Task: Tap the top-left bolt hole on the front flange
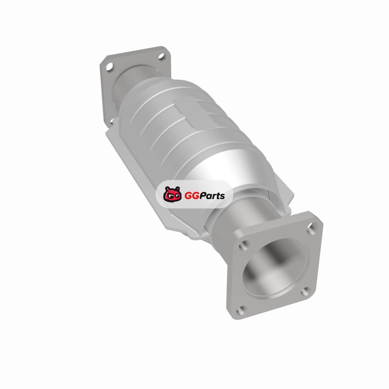pyautogui.click(x=244, y=246)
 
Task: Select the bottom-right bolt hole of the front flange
pyautogui.click(x=306, y=292)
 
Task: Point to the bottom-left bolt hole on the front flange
pyautogui.click(x=241, y=310)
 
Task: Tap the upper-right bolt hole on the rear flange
pyautogui.click(x=161, y=56)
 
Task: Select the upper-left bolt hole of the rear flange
pyautogui.click(x=109, y=67)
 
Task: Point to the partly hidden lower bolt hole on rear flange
pyautogui.click(x=111, y=121)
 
